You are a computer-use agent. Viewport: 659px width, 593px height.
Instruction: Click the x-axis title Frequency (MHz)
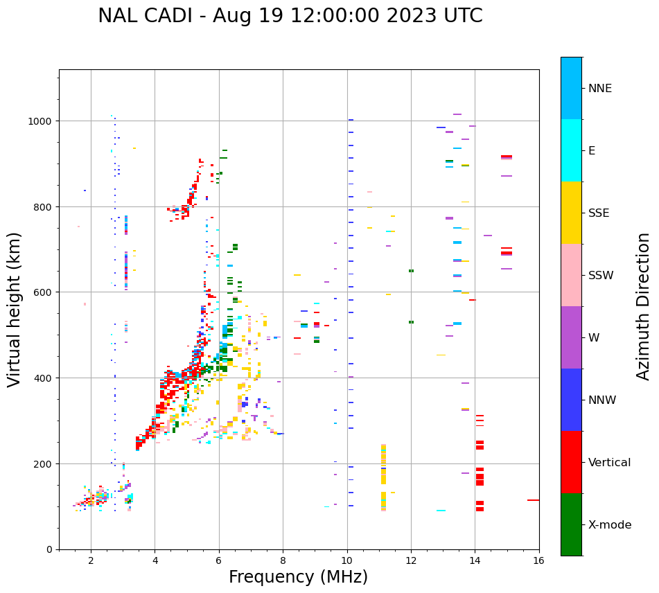coord(298,577)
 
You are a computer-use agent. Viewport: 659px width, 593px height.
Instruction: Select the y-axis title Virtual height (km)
coord(15,309)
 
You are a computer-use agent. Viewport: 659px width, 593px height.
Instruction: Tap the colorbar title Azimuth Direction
coord(643,306)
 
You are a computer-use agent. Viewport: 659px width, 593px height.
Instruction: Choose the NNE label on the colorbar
coord(599,89)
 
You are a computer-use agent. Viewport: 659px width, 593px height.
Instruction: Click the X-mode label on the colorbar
coord(610,525)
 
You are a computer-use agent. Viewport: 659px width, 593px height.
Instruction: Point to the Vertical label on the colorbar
coord(609,463)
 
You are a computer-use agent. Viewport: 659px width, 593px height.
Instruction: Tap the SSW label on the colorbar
coord(601,276)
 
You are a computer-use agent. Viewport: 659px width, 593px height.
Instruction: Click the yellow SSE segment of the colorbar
coord(571,213)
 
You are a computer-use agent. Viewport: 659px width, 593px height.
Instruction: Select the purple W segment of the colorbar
coord(571,337)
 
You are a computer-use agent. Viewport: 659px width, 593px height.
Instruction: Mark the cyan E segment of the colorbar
coord(571,150)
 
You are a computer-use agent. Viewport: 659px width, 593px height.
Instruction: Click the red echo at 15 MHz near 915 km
coord(507,157)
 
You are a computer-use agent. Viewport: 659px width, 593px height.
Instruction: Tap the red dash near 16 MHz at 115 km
coord(533,500)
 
